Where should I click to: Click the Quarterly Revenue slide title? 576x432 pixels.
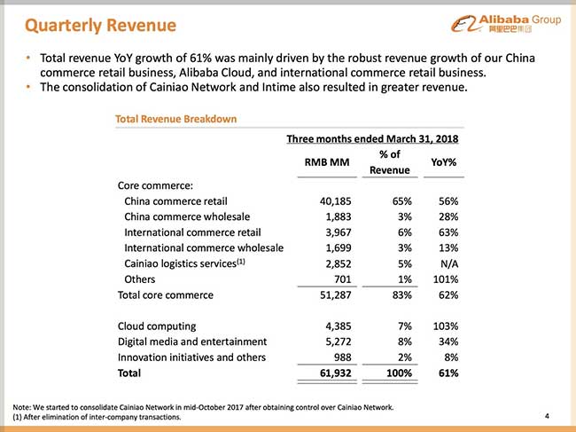click(x=88, y=21)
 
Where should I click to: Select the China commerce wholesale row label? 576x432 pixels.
click(x=187, y=216)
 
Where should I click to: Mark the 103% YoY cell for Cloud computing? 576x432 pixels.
click(x=443, y=326)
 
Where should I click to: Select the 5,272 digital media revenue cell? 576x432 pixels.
click(x=342, y=342)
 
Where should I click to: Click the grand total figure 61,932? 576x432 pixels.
click(x=338, y=373)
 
